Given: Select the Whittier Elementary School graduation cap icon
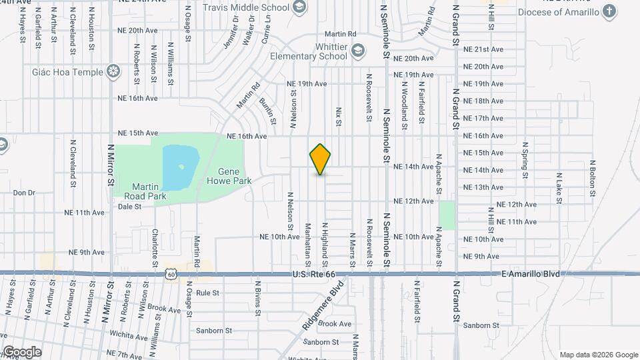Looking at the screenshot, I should click(x=359, y=51).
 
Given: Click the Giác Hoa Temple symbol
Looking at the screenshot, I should click(x=114, y=71).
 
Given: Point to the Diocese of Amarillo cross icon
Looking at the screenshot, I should click(x=609, y=11).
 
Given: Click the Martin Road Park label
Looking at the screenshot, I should click(x=145, y=191).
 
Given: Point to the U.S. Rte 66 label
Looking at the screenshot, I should click(x=317, y=274).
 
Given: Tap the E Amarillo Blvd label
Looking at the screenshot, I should click(x=531, y=274).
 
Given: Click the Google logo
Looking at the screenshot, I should click(x=21, y=352).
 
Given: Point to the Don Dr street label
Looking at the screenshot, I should click(x=23, y=193).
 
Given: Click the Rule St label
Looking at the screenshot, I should click(x=208, y=293).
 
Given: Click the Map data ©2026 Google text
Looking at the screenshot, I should click(x=598, y=355).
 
